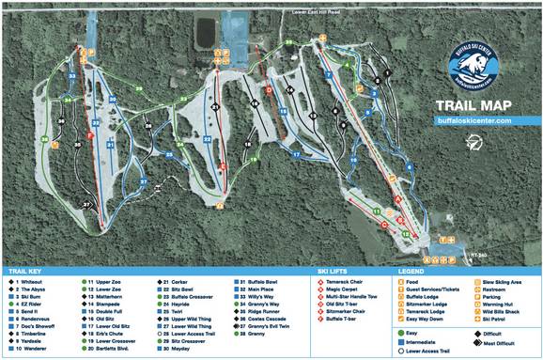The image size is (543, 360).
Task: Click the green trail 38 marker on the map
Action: click(x=43, y=140)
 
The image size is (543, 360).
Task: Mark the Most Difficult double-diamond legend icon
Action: click(x=476, y=342)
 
